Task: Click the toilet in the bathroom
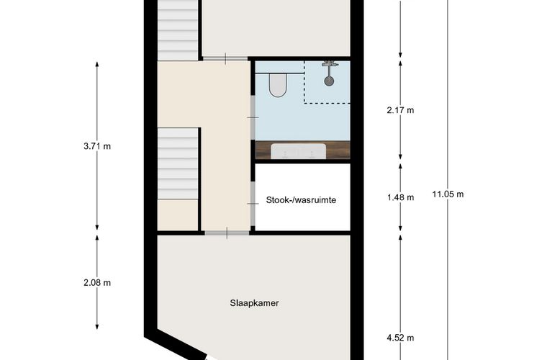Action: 277,86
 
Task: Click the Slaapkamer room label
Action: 250,303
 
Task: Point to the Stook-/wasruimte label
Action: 302,199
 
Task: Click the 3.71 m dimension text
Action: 97,146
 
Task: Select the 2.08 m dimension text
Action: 97,282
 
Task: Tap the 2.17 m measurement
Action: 400,110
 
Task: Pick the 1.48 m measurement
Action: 400,197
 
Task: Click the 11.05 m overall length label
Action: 448,194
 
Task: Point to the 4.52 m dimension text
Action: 400,336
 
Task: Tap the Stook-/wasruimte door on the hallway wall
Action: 253,204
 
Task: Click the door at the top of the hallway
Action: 225,58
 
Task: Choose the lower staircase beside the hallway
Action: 178,163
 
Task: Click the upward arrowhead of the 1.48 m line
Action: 400,166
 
